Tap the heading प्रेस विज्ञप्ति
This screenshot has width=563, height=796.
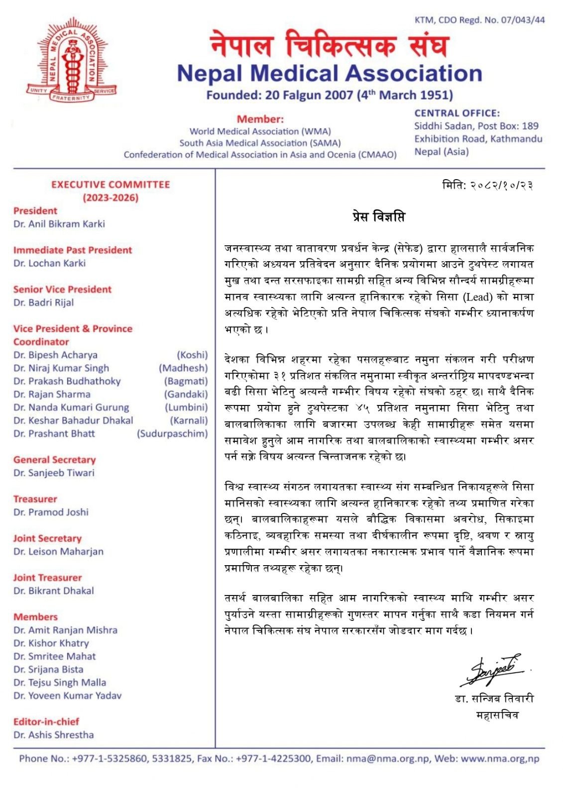(378, 217)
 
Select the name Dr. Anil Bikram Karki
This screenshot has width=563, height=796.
(59, 224)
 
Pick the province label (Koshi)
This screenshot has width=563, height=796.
(192, 355)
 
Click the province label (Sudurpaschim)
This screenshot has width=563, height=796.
(172, 434)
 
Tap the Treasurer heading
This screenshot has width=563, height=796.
(35, 499)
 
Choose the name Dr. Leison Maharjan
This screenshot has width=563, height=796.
(59, 552)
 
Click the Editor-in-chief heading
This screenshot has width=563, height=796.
(46, 722)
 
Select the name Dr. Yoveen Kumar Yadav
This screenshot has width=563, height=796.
(68, 696)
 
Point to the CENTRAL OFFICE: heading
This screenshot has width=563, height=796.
(457, 113)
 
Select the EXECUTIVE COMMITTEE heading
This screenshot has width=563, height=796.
(111, 185)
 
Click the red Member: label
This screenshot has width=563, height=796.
(260, 119)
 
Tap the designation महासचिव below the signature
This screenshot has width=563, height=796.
(497, 715)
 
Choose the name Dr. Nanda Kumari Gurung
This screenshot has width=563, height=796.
(71, 407)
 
